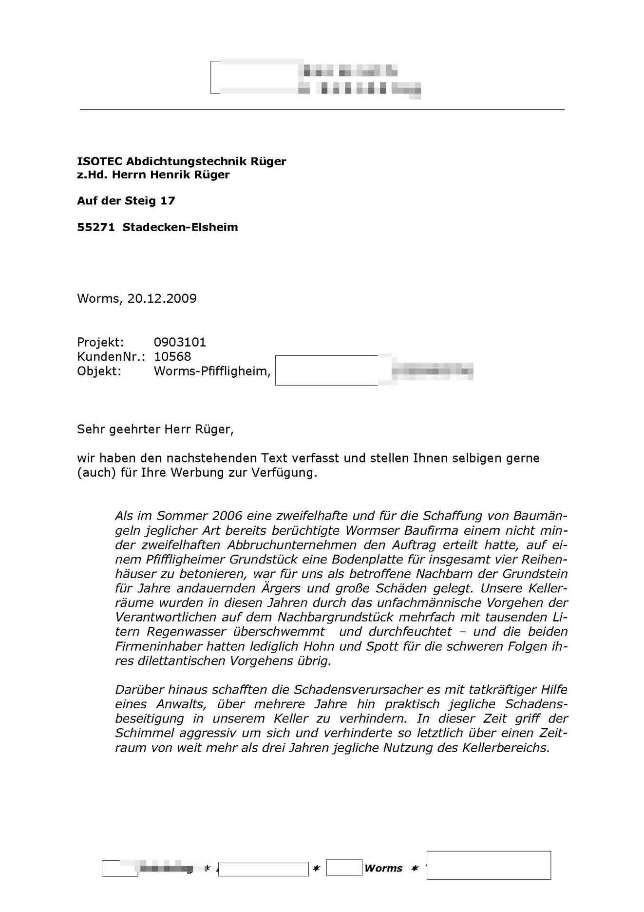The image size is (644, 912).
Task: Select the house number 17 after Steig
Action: click(x=168, y=201)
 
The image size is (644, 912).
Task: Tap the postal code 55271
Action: click(x=95, y=227)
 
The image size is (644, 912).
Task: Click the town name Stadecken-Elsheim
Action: click(x=180, y=227)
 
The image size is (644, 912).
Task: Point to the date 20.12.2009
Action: click(x=162, y=299)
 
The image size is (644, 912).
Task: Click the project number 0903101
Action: click(x=180, y=342)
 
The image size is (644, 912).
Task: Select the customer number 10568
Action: click(x=172, y=357)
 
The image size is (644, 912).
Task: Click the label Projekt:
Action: click(x=100, y=342)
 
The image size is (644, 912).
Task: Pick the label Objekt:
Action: click(x=99, y=371)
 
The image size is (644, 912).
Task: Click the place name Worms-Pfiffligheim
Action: click(x=212, y=371)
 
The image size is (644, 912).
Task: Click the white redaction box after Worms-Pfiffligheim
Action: click(x=326, y=370)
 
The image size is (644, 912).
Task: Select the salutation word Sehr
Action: click(x=91, y=429)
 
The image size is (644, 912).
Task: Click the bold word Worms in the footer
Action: click(x=383, y=868)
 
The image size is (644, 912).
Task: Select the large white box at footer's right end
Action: click(x=489, y=865)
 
